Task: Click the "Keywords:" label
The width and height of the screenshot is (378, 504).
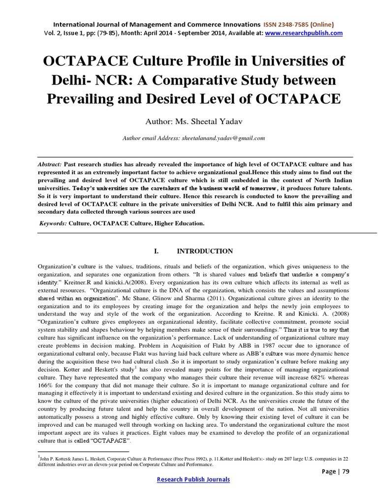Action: (x=54, y=223)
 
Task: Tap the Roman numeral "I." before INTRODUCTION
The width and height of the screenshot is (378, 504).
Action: (x=157, y=251)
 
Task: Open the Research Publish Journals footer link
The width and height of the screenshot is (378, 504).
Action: (x=193, y=479)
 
